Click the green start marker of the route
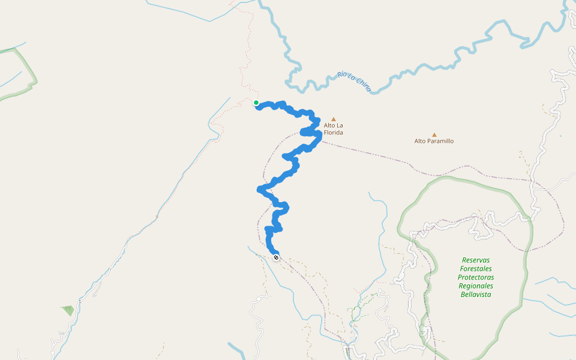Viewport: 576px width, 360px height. click(256, 103)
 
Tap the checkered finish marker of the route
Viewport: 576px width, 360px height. click(276, 257)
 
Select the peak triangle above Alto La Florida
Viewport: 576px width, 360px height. click(334, 119)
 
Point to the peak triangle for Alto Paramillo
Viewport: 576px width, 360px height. click(434, 134)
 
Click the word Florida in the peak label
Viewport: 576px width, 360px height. click(334, 132)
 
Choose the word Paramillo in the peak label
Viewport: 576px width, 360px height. click(441, 141)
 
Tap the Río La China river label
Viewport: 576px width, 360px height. click(355, 82)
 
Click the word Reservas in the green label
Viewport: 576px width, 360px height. click(476, 260)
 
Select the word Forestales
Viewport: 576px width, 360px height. click(476, 269)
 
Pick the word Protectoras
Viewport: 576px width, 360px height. click(476, 277)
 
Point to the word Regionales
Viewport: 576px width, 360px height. click(476, 286)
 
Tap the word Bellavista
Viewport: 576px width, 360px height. click(476, 295)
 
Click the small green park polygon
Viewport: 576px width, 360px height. click(67, 310)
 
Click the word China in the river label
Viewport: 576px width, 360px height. click(364, 86)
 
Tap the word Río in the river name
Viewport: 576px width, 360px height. click(342, 75)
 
